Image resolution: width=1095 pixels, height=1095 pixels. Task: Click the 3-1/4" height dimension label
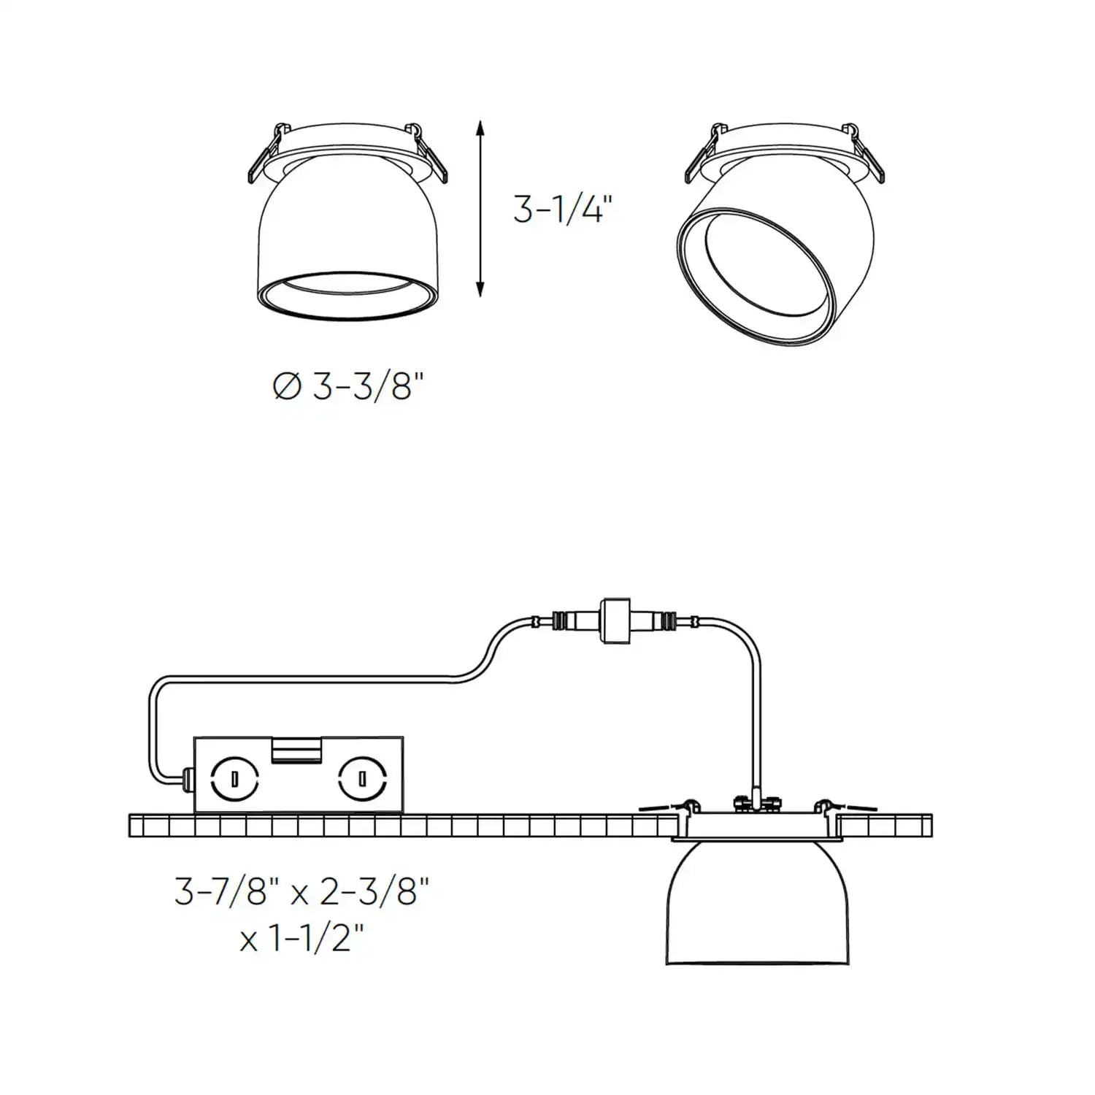[561, 212]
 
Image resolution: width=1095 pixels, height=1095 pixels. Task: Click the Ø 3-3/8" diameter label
[348, 387]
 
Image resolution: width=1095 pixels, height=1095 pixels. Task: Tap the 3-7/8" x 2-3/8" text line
[301, 892]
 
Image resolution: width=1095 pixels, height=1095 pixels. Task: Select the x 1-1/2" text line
[301, 939]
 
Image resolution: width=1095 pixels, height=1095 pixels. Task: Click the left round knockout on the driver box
[234, 779]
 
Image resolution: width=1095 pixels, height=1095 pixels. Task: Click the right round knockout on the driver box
[361, 779]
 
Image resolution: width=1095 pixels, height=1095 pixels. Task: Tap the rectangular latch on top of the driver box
[297, 750]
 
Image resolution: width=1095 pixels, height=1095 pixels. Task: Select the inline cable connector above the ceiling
[615, 620]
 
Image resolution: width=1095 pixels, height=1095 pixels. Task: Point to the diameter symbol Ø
[287, 388]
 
